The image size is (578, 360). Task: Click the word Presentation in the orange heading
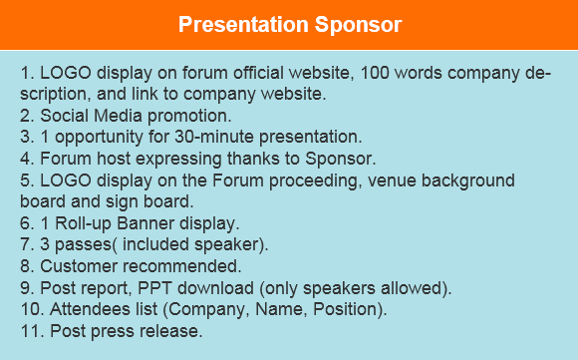(x=240, y=25)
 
